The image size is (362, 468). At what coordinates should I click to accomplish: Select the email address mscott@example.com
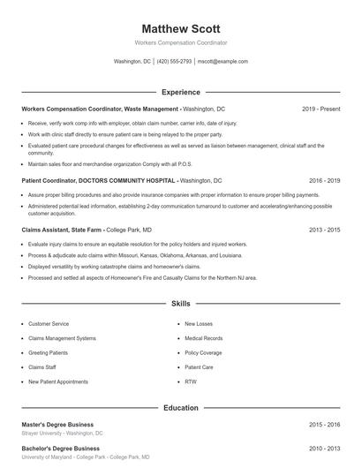pos(222,62)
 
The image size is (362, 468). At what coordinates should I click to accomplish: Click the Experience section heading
pos(180,92)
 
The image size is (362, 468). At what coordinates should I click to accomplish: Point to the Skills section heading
pos(180,303)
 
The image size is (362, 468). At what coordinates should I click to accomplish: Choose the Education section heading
pos(180,408)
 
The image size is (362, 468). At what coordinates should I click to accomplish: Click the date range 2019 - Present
pos(321,109)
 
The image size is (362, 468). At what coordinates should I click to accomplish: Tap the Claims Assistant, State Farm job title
pos(62,230)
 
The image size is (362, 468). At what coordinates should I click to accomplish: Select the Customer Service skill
pos(49,324)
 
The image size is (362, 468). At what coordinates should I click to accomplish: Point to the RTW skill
pos(191,381)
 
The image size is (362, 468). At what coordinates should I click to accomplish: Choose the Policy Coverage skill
pos(202,352)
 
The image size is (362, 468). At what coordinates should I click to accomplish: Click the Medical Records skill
pos(203,338)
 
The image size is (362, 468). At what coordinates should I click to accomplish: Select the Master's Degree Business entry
pos(57,425)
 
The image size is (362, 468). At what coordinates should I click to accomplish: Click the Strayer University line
pos(62,434)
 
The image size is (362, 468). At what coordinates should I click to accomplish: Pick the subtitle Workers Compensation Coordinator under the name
pos(180,42)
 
